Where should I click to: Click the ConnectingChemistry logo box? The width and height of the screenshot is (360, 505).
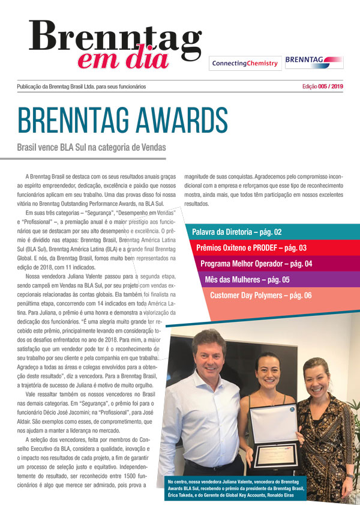point(244,63)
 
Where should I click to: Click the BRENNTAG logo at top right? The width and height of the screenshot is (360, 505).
point(314,61)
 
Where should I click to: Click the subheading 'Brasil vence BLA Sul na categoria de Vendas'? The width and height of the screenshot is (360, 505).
point(91,147)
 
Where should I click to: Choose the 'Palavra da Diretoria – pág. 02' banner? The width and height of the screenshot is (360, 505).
point(237,232)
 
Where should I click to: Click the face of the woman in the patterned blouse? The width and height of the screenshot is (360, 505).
point(317,384)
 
